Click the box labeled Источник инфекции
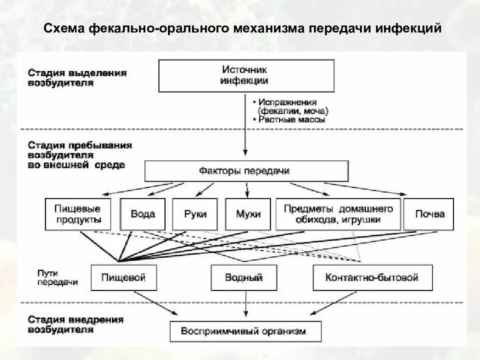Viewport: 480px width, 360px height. click(x=246, y=75)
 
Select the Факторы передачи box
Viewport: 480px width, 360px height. click(x=246, y=171)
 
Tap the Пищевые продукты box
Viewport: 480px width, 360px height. click(x=77, y=214)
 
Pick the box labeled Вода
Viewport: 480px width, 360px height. click(x=143, y=214)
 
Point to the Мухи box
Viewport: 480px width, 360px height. click(x=248, y=214)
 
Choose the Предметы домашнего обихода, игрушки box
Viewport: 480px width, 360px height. click(x=338, y=214)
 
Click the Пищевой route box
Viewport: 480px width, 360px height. click(x=123, y=277)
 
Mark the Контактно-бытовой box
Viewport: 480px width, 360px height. click(x=371, y=277)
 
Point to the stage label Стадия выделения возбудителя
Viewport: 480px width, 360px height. click(x=77, y=77)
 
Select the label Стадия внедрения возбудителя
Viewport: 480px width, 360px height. click(x=75, y=324)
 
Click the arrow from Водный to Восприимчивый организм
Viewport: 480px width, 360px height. click(x=245, y=305)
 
